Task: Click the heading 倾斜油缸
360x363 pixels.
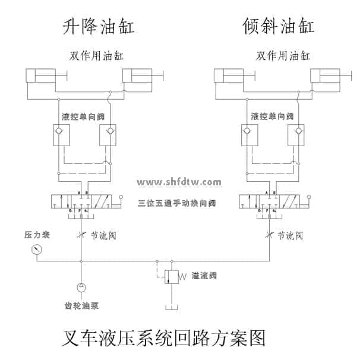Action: [278, 27]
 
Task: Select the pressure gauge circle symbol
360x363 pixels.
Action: [33, 250]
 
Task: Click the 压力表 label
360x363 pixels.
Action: [36, 235]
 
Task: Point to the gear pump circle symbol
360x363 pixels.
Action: [81, 288]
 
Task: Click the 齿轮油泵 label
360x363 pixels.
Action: [81, 307]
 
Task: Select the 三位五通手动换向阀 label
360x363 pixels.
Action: [176, 203]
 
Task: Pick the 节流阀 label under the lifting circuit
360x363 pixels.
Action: [103, 236]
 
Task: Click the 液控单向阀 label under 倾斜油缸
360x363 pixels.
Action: [272, 116]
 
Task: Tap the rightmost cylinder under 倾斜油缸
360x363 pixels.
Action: [326, 76]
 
